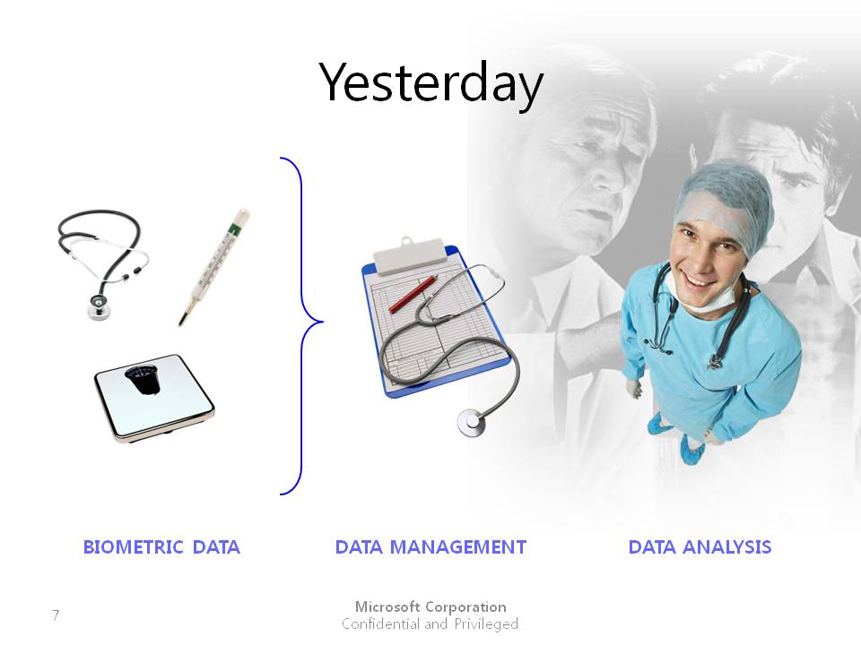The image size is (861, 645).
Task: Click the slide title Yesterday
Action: click(x=431, y=84)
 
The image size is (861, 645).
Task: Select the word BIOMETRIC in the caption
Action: click(x=133, y=546)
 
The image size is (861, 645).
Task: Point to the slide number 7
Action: click(x=56, y=615)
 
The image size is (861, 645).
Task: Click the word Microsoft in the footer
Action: click(x=387, y=606)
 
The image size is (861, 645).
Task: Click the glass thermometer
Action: click(x=213, y=267)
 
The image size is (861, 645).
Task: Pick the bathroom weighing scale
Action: click(x=154, y=398)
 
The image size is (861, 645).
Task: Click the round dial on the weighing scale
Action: click(x=143, y=379)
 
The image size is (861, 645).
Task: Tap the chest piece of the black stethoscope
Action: click(x=99, y=307)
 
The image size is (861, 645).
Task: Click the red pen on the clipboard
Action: click(x=413, y=295)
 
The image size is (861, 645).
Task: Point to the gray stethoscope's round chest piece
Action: click(x=471, y=422)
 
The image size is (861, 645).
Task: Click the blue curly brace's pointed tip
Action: click(x=323, y=322)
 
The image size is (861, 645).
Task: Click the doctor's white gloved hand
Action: click(x=634, y=388)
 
